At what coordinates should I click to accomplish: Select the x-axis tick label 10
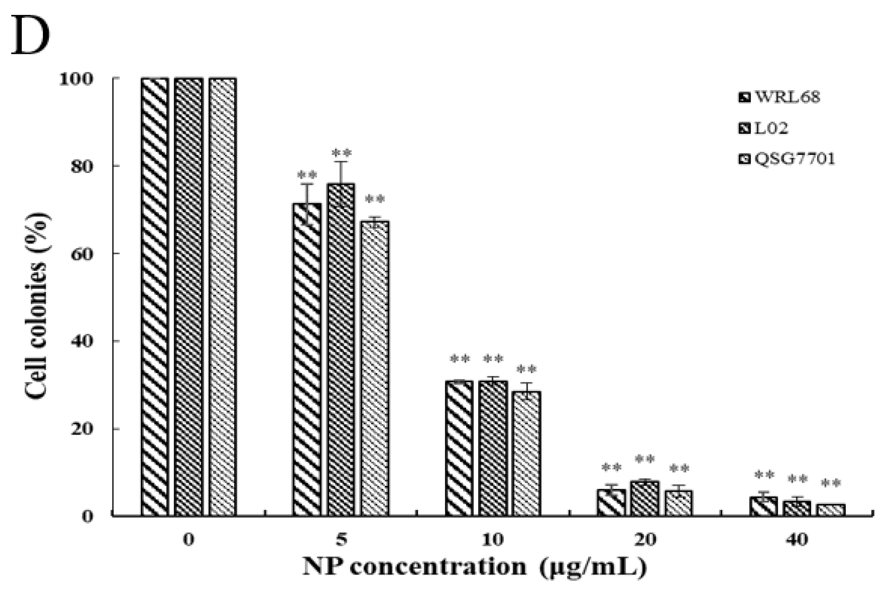click(493, 540)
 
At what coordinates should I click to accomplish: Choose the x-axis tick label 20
click(645, 540)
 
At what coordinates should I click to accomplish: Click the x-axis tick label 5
click(341, 540)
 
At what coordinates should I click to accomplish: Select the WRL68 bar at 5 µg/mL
click(307, 359)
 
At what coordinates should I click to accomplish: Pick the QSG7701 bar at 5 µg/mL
click(375, 368)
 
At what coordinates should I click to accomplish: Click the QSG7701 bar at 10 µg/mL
click(526, 453)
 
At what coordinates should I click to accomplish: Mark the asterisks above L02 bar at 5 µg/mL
click(341, 153)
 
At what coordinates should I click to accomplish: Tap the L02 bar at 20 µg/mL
click(645, 498)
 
